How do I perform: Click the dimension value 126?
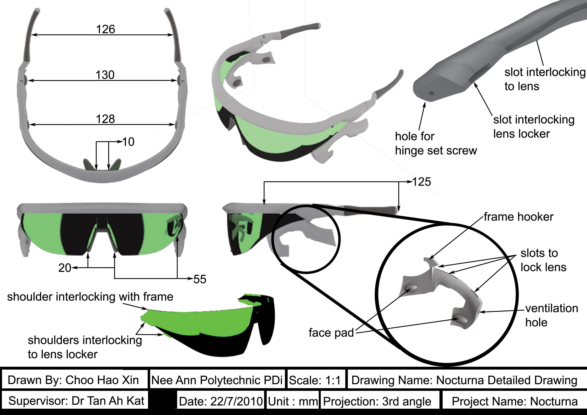click(105, 29)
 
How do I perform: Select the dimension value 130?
click(105, 75)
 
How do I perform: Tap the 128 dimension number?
click(105, 119)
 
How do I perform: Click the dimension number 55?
click(200, 279)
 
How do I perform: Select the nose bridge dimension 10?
click(128, 142)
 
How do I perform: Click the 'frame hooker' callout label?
click(519, 217)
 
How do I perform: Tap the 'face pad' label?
click(331, 333)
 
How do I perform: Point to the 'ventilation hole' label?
click(552, 315)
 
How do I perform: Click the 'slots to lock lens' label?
click(543, 260)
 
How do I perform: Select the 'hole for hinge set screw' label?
click(436, 143)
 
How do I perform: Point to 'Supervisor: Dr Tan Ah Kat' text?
click(76, 401)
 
